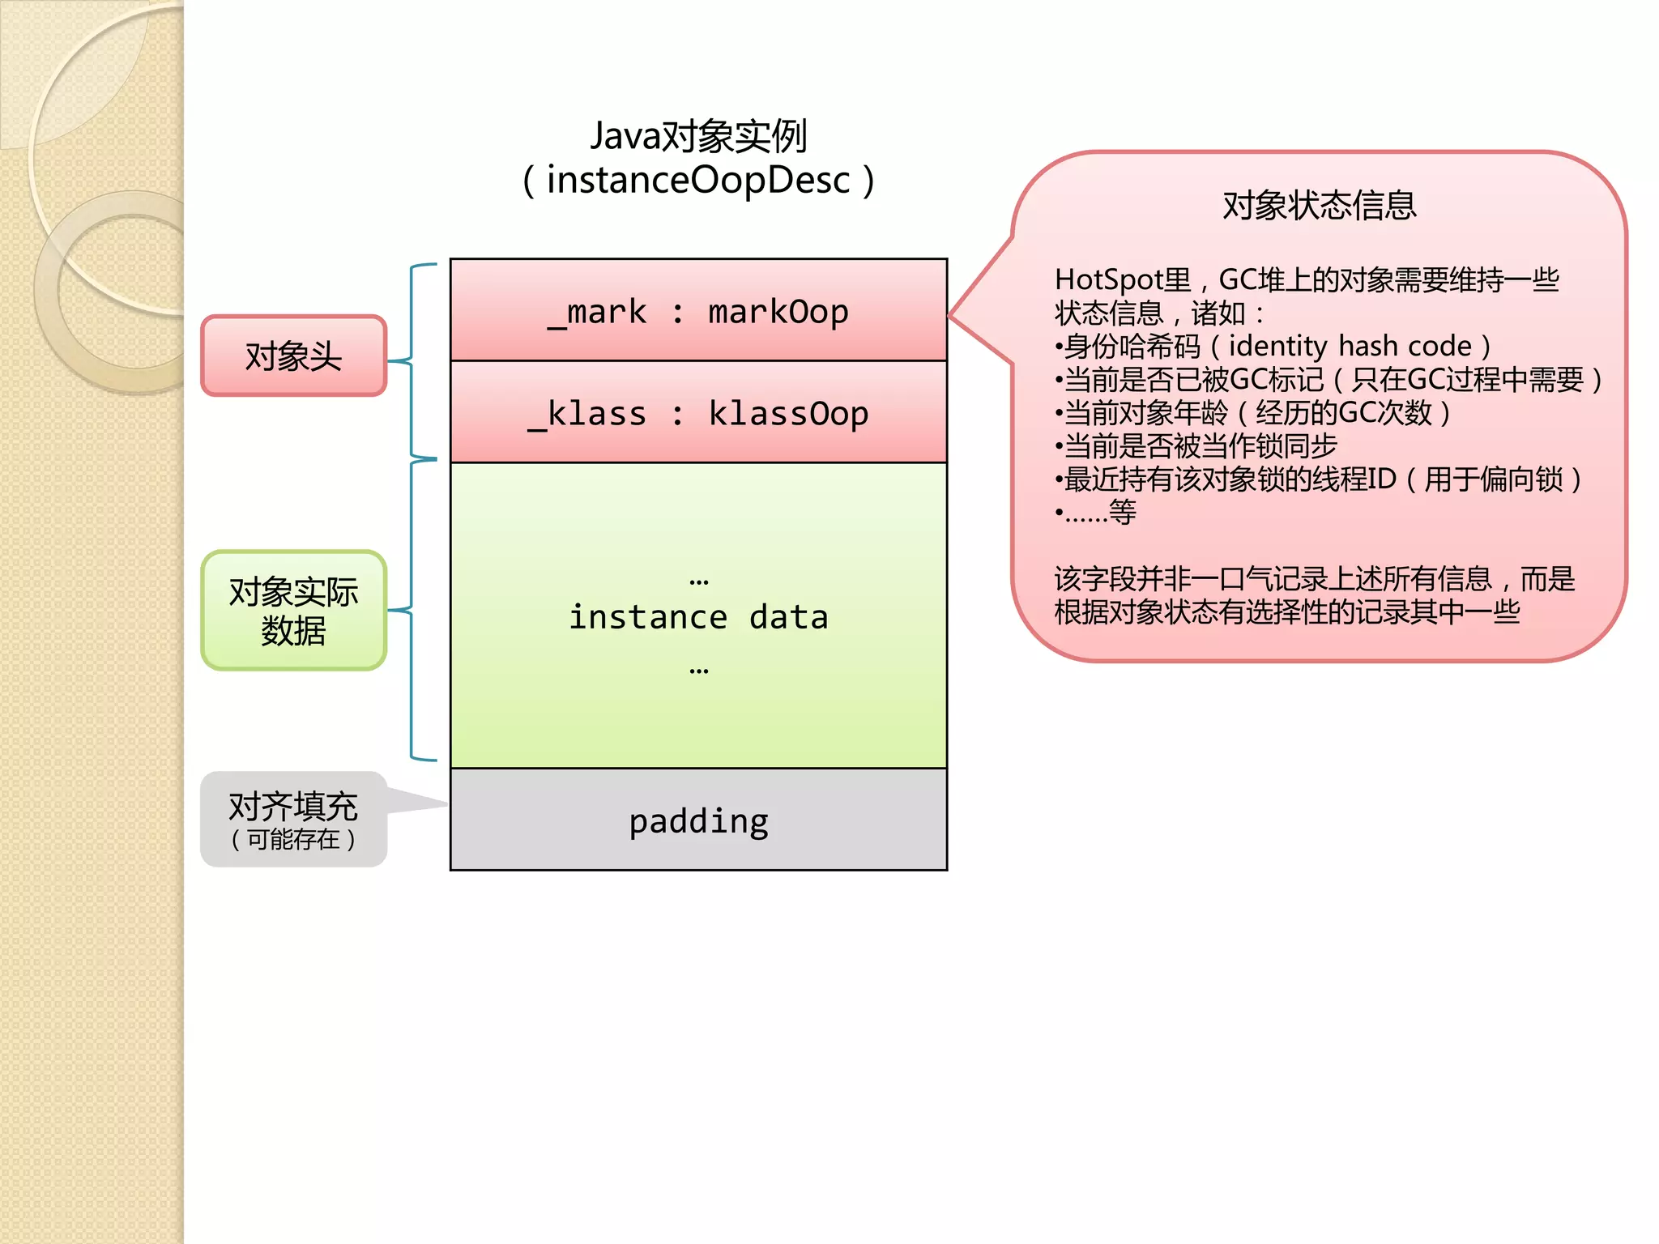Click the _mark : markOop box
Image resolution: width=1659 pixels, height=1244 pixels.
(698, 310)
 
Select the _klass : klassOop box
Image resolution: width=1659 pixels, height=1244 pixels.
(698, 412)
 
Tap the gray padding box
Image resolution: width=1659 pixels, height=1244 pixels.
(698, 820)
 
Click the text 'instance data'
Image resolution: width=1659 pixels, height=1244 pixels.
(698, 617)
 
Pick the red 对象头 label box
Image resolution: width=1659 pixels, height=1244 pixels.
(293, 356)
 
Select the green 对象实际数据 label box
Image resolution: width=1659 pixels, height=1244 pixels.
(293, 611)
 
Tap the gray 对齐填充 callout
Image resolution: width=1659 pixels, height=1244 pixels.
(293, 818)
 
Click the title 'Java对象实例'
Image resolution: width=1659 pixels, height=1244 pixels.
(698, 135)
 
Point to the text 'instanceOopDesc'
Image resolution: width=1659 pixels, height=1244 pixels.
(698, 180)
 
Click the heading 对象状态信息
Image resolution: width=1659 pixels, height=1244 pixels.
(1319, 205)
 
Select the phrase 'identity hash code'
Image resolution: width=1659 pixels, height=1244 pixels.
(1350, 346)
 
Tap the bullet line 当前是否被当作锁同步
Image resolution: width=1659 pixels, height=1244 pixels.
(1199, 445)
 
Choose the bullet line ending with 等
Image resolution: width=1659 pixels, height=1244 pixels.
(1098, 512)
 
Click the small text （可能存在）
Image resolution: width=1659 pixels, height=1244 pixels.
(293, 839)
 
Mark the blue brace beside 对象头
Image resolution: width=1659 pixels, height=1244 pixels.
(413, 360)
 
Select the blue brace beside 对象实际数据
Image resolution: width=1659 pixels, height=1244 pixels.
(413, 610)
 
